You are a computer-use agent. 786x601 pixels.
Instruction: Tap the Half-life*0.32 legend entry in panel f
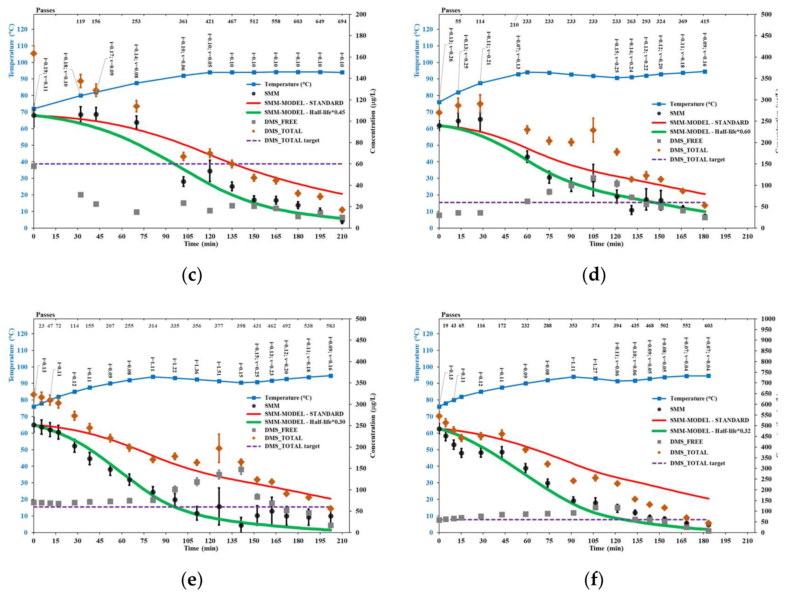click(x=710, y=431)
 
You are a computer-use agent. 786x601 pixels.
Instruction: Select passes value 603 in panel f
click(x=708, y=325)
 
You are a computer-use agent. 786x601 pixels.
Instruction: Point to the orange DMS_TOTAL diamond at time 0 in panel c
click(x=34, y=54)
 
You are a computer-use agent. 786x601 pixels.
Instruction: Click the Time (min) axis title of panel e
click(x=201, y=548)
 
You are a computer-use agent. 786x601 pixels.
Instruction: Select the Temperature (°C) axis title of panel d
click(x=417, y=50)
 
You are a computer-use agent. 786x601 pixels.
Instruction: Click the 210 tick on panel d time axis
click(x=747, y=236)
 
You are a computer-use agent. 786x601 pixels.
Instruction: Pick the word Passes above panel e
click(x=45, y=315)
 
